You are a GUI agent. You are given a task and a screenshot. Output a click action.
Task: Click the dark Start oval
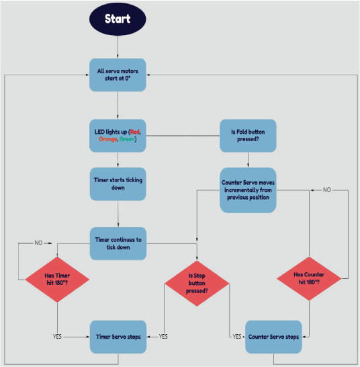pos(118,19)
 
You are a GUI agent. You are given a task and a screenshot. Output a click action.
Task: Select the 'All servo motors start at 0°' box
pos(118,75)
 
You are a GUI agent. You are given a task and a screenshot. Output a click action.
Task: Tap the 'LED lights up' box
pos(118,136)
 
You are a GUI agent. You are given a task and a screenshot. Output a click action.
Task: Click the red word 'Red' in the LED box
pos(135,132)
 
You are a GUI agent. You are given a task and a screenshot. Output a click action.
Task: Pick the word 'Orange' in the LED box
pos(108,139)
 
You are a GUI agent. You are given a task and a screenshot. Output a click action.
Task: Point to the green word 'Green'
pos(127,139)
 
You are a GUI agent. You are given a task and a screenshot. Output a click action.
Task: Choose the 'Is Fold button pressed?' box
pos(248,136)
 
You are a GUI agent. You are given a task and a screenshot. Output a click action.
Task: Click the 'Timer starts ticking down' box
pos(118,184)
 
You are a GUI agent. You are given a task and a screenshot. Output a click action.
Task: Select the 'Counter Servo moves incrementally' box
pos(248,190)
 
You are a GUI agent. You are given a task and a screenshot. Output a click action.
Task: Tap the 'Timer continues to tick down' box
pos(118,243)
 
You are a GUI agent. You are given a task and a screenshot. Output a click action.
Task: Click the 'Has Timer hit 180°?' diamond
pos(57,280)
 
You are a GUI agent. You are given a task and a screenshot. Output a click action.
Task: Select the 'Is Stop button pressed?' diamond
pos(197,284)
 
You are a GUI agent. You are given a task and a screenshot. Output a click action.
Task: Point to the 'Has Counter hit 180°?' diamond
pos(309,278)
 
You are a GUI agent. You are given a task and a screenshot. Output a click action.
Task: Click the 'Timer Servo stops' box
pos(118,337)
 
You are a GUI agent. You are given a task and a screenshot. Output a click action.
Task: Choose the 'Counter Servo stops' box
pos(273,337)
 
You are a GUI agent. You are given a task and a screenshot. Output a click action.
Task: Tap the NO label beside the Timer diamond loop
pos(38,243)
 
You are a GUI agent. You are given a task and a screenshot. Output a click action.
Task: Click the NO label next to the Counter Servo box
pos(327,190)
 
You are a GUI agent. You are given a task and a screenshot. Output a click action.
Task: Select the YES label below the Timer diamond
pos(57,337)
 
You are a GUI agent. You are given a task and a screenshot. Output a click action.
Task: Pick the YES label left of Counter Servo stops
pos(236,337)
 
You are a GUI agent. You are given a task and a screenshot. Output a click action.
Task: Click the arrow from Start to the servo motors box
pos(118,47)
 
